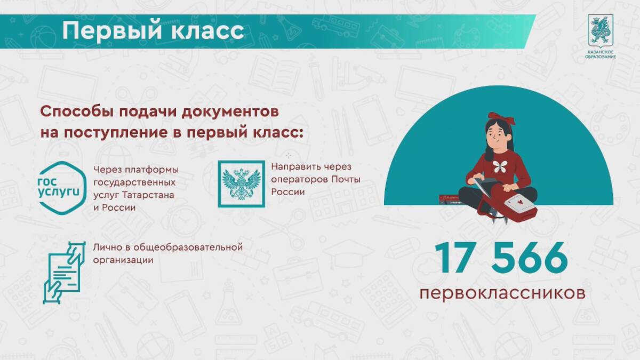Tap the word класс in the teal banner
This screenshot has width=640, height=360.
pyautogui.click(x=207, y=30)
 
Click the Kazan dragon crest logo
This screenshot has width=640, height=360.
pyautogui.click(x=601, y=31)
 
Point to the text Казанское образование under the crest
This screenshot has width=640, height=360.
pyautogui.click(x=601, y=54)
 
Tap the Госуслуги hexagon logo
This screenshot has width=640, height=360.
pyautogui.click(x=62, y=188)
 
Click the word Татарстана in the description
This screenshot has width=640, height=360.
pyautogui.click(x=148, y=195)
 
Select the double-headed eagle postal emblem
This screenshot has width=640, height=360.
pyautogui.click(x=242, y=183)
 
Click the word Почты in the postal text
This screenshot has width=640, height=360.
pyautogui.click(x=346, y=180)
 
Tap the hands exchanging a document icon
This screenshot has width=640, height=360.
pyautogui.click(x=65, y=273)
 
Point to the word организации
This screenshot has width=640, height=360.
pyautogui.click(x=123, y=261)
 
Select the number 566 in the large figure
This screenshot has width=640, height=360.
pyautogui.click(x=530, y=258)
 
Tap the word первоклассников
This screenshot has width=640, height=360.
pyautogui.click(x=502, y=293)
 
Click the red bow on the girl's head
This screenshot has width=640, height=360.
pyautogui.click(x=502, y=118)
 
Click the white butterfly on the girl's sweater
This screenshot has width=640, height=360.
pyautogui.click(x=500, y=166)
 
